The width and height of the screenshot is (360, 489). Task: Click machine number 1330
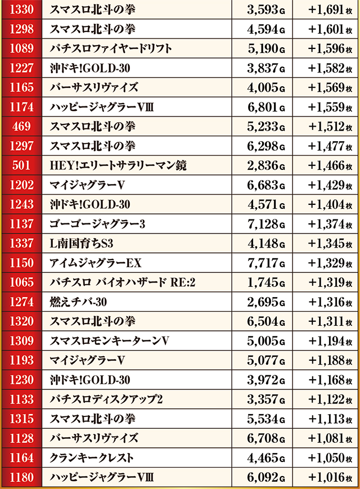pos(22,10)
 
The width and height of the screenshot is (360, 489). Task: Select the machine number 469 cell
pos(22,126)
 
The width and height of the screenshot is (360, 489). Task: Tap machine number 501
pos(22,165)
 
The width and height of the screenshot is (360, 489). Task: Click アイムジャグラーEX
pos(95,263)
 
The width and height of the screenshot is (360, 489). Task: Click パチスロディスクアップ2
pos(106,400)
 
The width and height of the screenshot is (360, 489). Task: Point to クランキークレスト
pos(92,458)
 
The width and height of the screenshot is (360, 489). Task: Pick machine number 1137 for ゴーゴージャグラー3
pos(22,224)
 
